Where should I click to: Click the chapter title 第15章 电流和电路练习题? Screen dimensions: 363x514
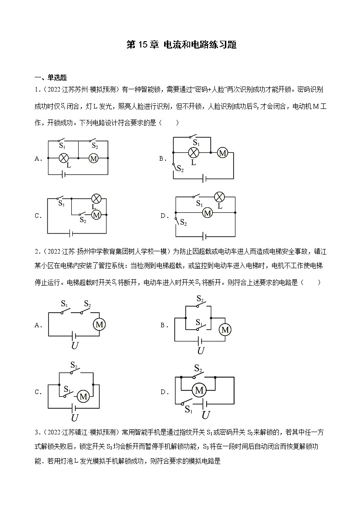pos(181,45)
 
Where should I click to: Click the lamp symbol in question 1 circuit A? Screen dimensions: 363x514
pos(64,158)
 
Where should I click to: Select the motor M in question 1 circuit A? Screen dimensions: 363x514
pos(93,158)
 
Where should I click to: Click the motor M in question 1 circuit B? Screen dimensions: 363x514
pos(222,153)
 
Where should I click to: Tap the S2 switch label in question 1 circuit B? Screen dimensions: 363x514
pos(180,170)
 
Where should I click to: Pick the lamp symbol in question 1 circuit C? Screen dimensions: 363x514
pos(96,198)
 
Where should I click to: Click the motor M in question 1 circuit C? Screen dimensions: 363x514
pos(96,214)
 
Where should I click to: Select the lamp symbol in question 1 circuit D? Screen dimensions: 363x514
pos(219,197)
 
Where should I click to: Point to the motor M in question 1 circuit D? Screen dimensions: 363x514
pos(208,213)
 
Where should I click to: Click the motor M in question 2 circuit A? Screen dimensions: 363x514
pos(100,325)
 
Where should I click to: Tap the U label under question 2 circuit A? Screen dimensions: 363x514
pos(75,346)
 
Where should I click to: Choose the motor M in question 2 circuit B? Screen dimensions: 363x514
pos(224,330)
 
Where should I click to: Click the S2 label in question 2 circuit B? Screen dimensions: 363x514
pos(200,299)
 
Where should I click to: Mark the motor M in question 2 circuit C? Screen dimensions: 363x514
pos(83,396)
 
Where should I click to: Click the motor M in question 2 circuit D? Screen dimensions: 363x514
pos(199,390)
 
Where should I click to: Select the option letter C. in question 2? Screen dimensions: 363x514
pos(38,392)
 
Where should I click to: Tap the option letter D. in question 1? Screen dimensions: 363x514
pos(163,216)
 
